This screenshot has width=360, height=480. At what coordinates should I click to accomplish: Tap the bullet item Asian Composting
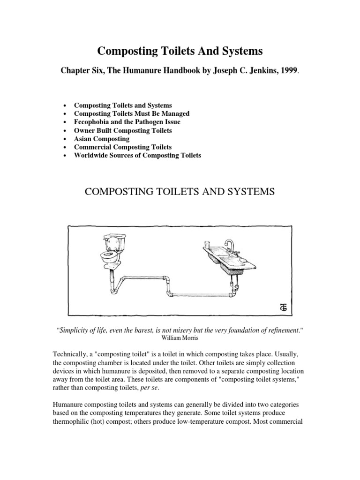point(102,139)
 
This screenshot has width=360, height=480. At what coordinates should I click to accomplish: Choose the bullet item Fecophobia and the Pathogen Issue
point(127,122)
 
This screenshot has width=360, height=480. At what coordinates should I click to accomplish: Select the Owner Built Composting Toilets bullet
point(123,130)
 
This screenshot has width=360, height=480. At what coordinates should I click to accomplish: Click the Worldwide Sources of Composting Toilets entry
point(137,156)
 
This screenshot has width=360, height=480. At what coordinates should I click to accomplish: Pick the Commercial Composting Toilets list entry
point(123,147)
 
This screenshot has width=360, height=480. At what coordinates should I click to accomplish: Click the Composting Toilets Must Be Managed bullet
point(132,113)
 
